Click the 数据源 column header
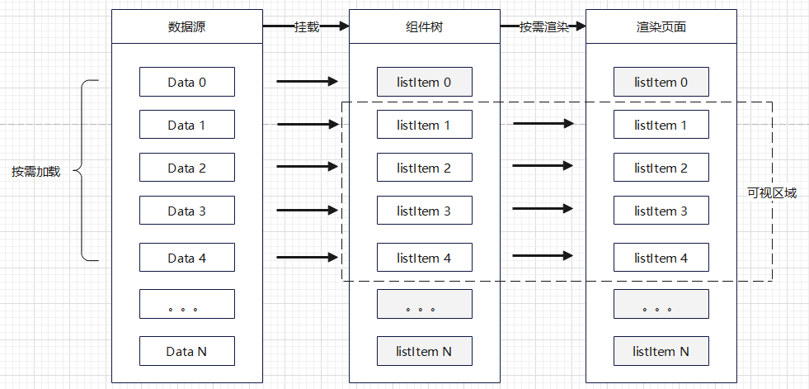coord(186,26)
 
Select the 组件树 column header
coord(424,26)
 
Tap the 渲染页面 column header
coord(661,26)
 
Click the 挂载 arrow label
coord(307,27)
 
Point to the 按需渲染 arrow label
coord(543,27)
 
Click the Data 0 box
coord(186,82)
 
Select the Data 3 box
coord(186,211)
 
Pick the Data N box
coord(186,351)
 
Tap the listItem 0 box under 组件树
coord(424,82)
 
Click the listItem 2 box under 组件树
coord(424,168)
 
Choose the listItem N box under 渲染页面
coord(661,351)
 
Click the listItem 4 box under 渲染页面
coord(661,257)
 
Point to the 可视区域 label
coord(772,193)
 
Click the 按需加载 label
coord(36,172)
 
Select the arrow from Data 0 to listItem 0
coord(307,81)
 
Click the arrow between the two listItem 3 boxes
coord(543,209)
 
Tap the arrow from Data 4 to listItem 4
coord(307,257)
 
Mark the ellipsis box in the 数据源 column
coord(186,304)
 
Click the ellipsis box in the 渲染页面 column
coord(661,304)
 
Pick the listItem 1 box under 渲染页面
coord(661,125)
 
